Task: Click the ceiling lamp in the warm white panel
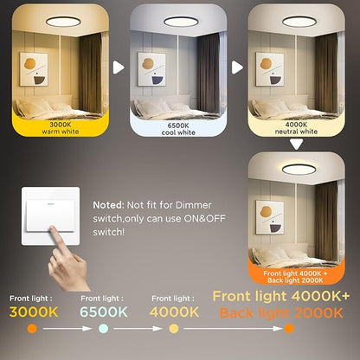coord(63,22)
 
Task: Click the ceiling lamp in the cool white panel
coord(181,22)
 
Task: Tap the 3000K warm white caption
coord(61,128)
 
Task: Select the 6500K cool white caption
coord(178,129)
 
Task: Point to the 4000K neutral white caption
coord(296,128)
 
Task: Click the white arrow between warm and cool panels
coord(119,67)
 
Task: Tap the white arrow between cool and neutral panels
coord(237,67)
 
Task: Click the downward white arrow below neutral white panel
coord(297,145)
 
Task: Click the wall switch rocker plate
coord(51,215)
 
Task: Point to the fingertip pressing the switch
coord(53,229)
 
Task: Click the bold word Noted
coord(108,205)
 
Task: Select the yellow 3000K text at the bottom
coord(34,312)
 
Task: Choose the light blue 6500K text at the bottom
coord(104,312)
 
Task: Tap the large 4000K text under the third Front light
coord(174,312)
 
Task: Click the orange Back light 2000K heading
coord(281,313)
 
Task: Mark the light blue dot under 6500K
coord(103,329)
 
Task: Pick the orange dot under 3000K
coord(32,329)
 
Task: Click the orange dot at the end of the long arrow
coord(289,329)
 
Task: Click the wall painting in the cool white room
coord(151,69)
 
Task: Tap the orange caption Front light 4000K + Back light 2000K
coord(295,277)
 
